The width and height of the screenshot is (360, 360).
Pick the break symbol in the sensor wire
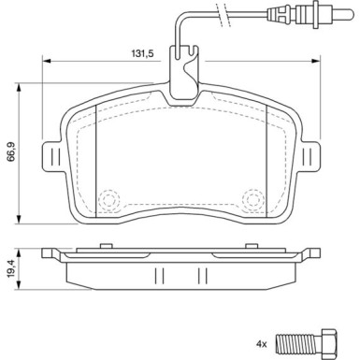pos(221,14)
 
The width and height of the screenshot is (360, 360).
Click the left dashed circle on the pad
pos(108,199)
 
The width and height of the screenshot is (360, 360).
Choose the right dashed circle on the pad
pos(252,199)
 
